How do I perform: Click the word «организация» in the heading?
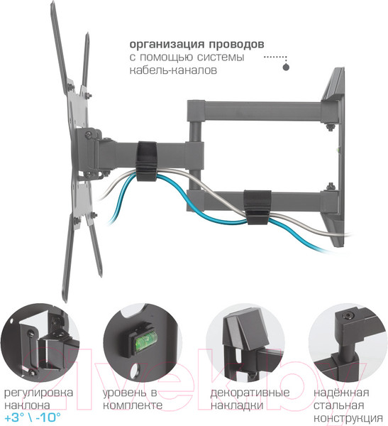(167, 44)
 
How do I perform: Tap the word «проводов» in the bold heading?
(236, 44)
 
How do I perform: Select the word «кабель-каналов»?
(173, 70)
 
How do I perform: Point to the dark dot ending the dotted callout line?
(286, 67)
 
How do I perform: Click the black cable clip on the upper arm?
(147, 161)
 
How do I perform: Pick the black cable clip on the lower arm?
(257, 207)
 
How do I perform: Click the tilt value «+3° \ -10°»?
(33, 417)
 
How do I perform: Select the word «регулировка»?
(39, 393)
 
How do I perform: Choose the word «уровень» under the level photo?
(124, 393)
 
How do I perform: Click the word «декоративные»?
(250, 393)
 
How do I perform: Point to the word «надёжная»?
(341, 393)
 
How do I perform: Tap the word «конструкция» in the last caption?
(348, 418)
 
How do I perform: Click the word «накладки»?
(237, 405)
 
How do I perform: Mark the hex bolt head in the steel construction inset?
(348, 316)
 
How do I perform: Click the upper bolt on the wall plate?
(330, 127)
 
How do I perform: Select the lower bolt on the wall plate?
(331, 187)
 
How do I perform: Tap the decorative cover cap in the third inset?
(243, 329)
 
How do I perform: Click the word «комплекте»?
(133, 405)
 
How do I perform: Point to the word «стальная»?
(338, 405)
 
